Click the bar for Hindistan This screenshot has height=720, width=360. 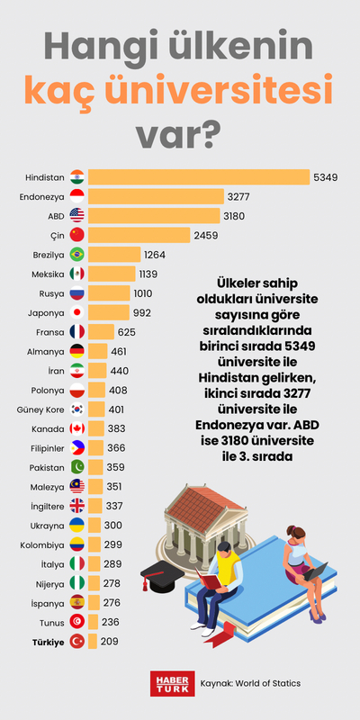click(198, 177)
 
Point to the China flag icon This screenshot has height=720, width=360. click(76, 235)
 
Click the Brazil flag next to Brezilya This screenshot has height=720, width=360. click(76, 255)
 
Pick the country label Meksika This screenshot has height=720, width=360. click(48, 274)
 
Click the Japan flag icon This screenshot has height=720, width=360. click(76, 312)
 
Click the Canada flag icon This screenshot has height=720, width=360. click(76, 428)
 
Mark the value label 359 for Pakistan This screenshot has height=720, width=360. click(115, 467)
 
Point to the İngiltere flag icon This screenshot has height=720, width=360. click(76, 506)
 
